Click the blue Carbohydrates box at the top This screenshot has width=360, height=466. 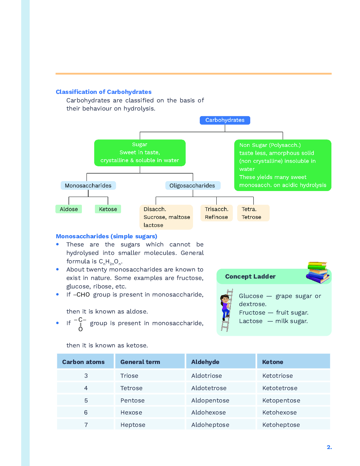(x=225, y=120)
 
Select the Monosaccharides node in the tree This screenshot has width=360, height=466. (x=88, y=186)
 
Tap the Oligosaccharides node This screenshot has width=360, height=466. (x=192, y=186)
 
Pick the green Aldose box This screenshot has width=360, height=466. (x=69, y=209)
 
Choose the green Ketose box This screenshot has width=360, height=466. (x=108, y=209)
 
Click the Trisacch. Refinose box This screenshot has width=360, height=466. (x=216, y=213)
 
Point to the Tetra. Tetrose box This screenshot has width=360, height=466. (x=253, y=213)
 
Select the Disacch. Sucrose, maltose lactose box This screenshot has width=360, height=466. (x=166, y=217)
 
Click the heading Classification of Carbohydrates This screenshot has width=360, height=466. (x=103, y=92)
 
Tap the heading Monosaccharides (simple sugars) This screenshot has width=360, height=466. (x=106, y=236)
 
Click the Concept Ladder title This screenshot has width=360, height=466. (x=250, y=276)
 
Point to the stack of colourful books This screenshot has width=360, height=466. (x=318, y=272)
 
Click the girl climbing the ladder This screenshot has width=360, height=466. (x=226, y=307)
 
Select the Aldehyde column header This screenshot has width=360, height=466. (x=205, y=362)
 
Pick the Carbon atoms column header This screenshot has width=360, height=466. (x=83, y=362)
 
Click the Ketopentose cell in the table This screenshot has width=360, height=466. (x=281, y=400)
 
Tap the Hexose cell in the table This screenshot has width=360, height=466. (x=131, y=412)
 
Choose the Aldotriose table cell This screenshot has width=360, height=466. (x=206, y=376)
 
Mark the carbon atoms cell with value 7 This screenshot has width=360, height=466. (x=86, y=425)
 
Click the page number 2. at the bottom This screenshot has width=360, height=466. (x=329, y=447)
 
